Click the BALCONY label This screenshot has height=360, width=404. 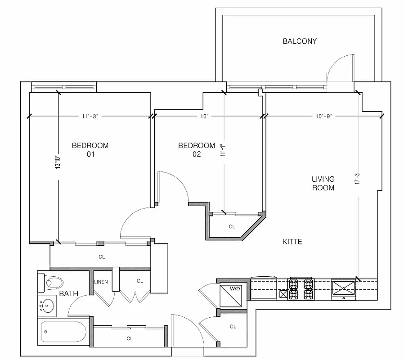point(300,41)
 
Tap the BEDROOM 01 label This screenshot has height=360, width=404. point(90,150)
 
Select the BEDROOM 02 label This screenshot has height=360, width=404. point(197,150)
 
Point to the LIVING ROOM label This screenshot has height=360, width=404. point(323,183)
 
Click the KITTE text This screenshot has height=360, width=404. point(292,242)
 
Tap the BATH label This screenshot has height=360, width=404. point(69,294)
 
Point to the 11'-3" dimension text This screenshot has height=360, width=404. point(90,116)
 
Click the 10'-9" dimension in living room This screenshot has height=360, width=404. point(323,116)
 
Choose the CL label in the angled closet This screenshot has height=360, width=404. point(232,227)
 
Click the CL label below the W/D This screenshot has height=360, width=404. point(233,327)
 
